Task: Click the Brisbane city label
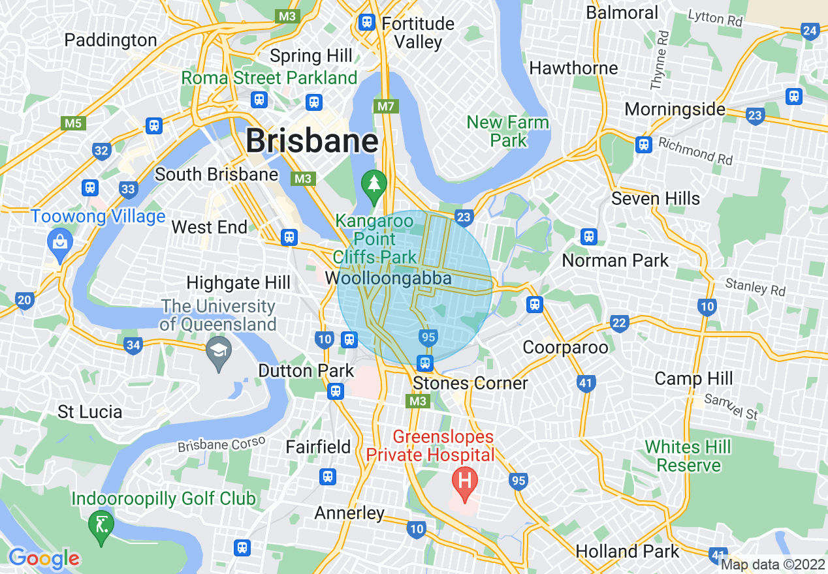(312, 141)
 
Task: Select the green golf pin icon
(101, 524)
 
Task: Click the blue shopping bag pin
(60, 243)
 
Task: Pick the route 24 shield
(810, 31)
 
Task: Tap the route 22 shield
(619, 324)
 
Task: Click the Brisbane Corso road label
(221, 444)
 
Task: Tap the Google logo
(44, 558)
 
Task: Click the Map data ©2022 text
(772, 564)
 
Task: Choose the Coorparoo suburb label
(565, 347)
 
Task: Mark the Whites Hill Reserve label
(688, 456)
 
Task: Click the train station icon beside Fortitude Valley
(367, 23)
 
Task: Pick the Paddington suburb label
(110, 40)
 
